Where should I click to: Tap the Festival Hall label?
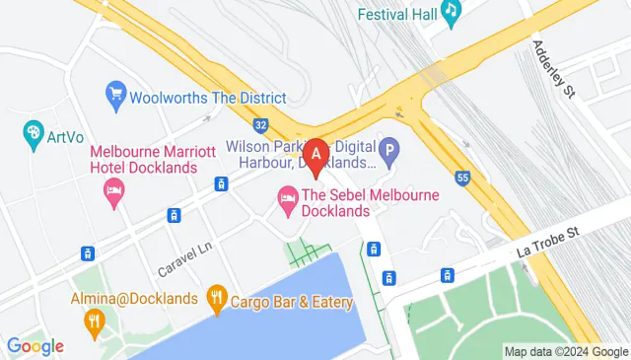point(395,15)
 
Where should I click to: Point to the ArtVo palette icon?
point(33,132)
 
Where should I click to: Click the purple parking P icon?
point(390,152)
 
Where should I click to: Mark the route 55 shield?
point(462,178)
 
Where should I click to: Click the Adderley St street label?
point(552,70)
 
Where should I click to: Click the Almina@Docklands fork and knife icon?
point(94,319)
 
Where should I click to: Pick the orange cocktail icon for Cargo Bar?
point(217,296)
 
